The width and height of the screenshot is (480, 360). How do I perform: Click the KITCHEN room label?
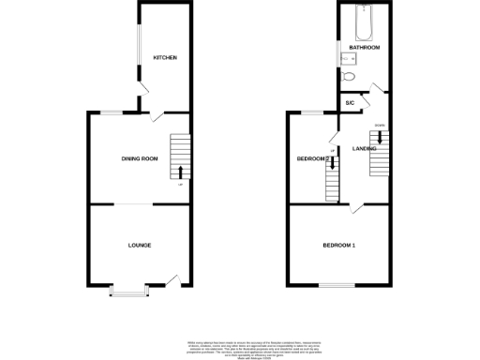click(x=165, y=58)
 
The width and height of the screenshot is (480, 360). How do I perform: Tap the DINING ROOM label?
click(x=139, y=158)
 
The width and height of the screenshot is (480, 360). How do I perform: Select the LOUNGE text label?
click(x=140, y=245)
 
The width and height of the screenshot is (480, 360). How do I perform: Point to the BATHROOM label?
click(x=364, y=47)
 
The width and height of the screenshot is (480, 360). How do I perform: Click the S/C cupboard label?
click(x=350, y=102)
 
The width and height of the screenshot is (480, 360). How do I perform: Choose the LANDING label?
click(x=365, y=148)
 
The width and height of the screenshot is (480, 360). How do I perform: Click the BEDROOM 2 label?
click(x=311, y=158)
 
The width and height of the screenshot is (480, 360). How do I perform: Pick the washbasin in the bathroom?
click(x=343, y=55)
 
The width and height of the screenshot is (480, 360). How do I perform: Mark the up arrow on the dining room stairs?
click(x=179, y=171)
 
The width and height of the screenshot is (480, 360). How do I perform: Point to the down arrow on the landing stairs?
click(x=379, y=138)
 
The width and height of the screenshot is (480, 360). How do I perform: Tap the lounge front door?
click(x=173, y=277)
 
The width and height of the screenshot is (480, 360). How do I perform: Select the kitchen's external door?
click(x=142, y=98)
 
